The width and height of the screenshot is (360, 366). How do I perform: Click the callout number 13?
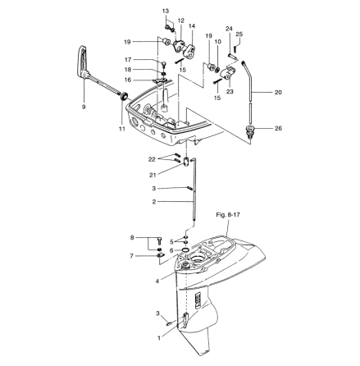(x=165, y=11)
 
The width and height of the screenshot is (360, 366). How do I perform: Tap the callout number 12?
(x=180, y=20)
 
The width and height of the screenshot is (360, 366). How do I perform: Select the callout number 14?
(x=192, y=26)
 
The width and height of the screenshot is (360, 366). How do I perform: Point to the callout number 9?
(x=84, y=106)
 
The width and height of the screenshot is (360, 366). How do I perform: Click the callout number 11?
(x=122, y=130)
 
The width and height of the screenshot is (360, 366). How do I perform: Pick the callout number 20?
(x=278, y=92)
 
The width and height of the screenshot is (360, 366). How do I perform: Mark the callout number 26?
(x=278, y=128)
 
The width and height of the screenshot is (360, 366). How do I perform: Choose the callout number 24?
(x=229, y=28)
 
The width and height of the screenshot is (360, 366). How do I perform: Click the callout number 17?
(x=128, y=60)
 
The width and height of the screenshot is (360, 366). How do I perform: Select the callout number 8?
(x=131, y=237)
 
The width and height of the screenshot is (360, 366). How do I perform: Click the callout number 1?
(x=159, y=336)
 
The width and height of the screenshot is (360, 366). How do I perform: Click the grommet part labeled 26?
(x=252, y=129)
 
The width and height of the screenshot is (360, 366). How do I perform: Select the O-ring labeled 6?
(x=186, y=251)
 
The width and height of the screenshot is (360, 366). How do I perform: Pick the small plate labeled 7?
(x=158, y=255)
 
